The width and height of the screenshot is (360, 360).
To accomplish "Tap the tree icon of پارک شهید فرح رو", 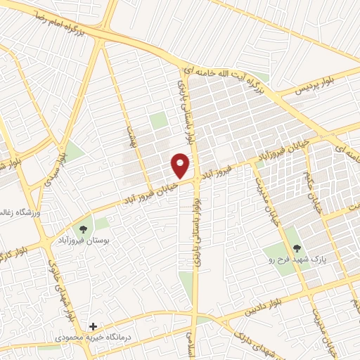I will (297, 247).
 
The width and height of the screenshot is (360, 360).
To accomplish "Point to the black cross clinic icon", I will (92, 327).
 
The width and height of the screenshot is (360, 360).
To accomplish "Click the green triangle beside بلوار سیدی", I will (73, 151).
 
